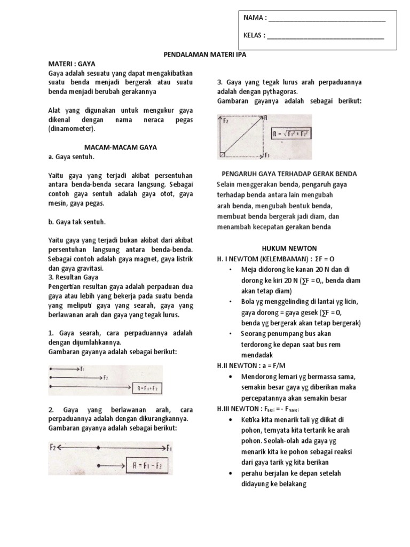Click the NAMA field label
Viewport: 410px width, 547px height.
pyautogui.click(x=255, y=18)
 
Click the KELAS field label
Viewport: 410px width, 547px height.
pyautogui.click(x=255, y=36)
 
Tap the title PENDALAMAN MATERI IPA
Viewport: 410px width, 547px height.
pyautogui.click(x=204, y=54)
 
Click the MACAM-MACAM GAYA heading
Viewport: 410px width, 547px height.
pyautogui.click(x=121, y=147)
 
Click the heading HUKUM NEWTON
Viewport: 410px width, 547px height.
pyautogui.click(x=289, y=248)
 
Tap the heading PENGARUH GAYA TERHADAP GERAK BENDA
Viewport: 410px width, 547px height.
pyautogui.click(x=289, y=174)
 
